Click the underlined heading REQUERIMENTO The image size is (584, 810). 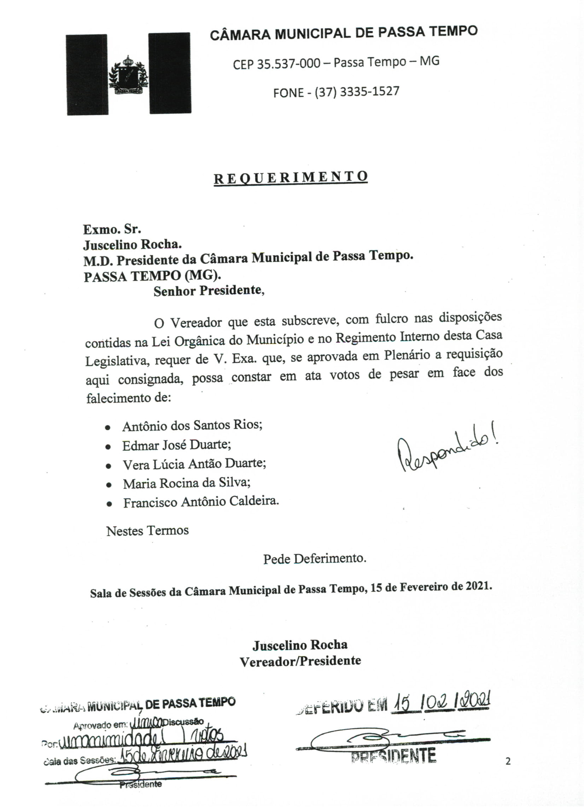click(291, 177)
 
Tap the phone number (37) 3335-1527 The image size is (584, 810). click(357, 92)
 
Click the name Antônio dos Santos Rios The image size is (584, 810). click(192, 426)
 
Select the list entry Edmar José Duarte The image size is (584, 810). click(176, 445)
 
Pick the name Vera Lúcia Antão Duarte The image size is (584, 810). click(194, 464)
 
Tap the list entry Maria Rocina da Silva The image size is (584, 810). click(186, 483)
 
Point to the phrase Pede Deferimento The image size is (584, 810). click(315, 559)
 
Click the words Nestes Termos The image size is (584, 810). click(147, 531)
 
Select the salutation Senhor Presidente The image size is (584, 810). click(209, 291)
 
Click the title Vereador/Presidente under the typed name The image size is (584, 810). click(300, 661)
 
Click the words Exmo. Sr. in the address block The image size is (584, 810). click(112, 229)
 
